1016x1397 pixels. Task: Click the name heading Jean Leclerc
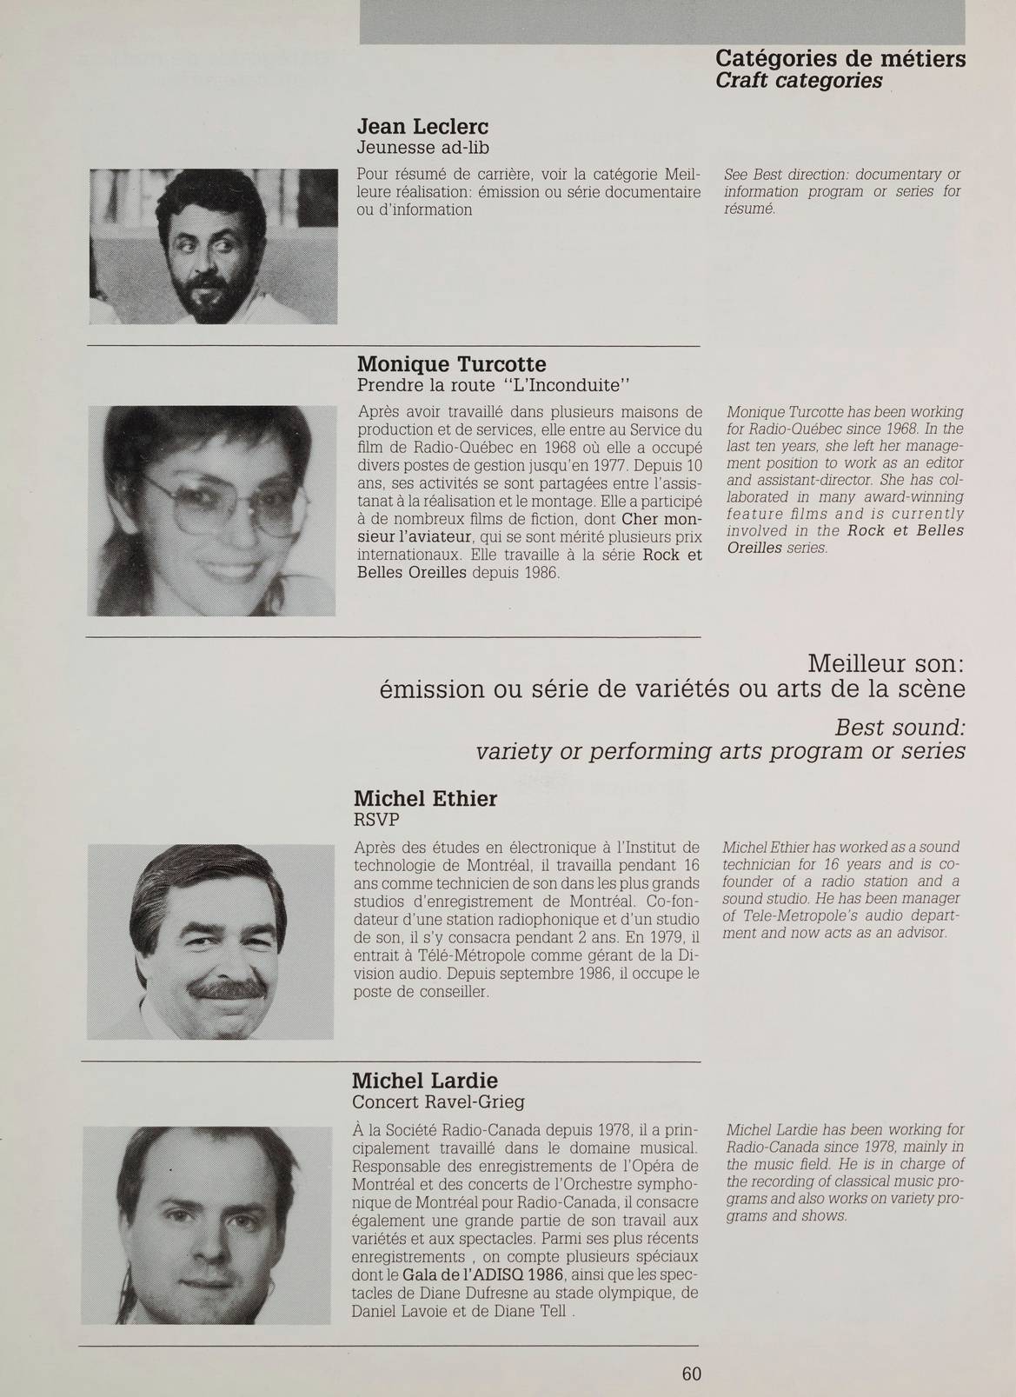(x=422, y=127)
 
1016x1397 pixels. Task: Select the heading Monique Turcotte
(x=451, y=363)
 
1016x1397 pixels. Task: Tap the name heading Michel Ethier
(x=425, y=798)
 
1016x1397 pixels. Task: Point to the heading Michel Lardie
(x=424, y=1081)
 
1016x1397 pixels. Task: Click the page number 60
(x=691, y=1374)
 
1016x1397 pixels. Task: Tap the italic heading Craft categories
(x=799, y=81)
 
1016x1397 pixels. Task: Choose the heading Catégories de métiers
(x=840, y=58)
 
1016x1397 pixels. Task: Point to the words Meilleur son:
(x=886, y=664)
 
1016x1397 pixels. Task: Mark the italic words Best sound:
(x=900, y=726)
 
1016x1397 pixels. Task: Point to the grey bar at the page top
(x=662, y=21)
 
